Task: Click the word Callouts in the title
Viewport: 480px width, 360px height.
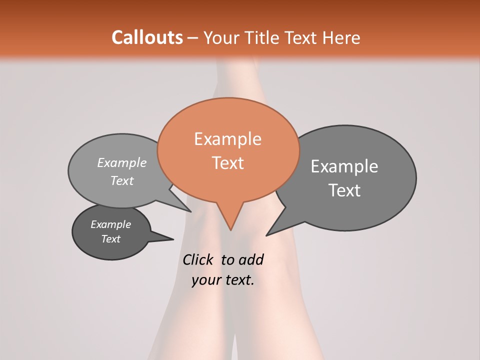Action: [x=147, y=37]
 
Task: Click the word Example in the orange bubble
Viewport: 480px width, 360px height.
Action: [x=227, y=139]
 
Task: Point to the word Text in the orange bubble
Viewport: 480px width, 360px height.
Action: [x=228, y=163]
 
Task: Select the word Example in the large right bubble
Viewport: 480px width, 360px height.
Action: [x=344, y=166]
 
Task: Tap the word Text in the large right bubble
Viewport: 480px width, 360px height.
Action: [x=344, y=190]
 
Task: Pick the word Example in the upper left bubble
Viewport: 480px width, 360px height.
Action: [x=122, y=162]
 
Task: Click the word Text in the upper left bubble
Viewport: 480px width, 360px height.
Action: [x=122, y=180]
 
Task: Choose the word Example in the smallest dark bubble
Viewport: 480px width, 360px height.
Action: [x=110, y=224]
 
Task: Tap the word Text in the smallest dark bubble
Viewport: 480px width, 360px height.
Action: [x=110, y=239]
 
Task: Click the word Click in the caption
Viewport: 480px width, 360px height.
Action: [x=197, y=259]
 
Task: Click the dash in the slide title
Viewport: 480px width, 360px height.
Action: [x=192, y=38]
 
